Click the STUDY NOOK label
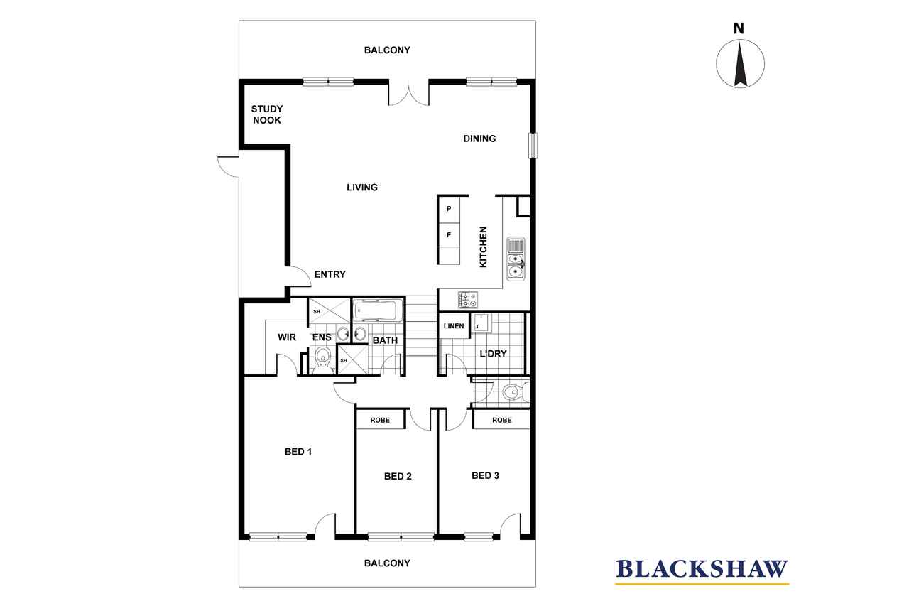[x=266, y=114]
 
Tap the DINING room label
[x=479, y=139]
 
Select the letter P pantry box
[x=449, y=210]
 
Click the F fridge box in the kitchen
[x=449, y=235]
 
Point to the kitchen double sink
[x=516, y=259]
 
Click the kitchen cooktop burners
[x=468, y=300]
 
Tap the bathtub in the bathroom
[x=377, y=311]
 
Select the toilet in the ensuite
[x=323, y=359]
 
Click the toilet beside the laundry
[x=516, y=392]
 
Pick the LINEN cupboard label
[x=454, y=326]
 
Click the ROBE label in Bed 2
[x=380, y=420]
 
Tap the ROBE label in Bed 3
[x=502, y=420]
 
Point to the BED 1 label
[x=298, y=451]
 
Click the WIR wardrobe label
[x=287, y=337]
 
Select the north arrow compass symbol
[x=740, y=63]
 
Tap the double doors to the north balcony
[x=408, y=93]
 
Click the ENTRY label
[x=330, y=274]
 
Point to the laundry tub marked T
[x=481, y=323]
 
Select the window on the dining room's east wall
[x=533, y=146]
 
